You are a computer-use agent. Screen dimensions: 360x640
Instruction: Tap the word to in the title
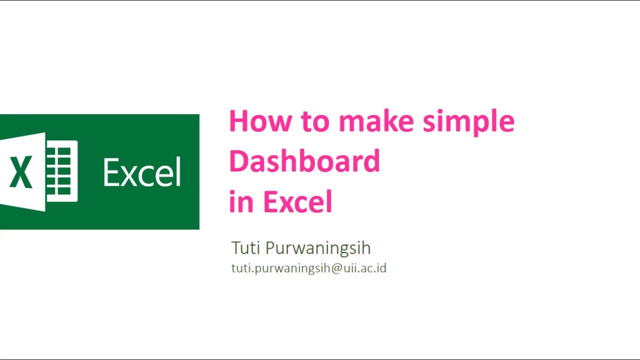(x=315, y=121)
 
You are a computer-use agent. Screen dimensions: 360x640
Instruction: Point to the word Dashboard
(x=304, y=161)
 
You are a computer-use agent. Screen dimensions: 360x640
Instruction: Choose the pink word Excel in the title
(x=297, y=201)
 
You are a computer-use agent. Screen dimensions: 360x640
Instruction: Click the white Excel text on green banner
(x=142, y=173)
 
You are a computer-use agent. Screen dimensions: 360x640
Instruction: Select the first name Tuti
(x=245, y=248)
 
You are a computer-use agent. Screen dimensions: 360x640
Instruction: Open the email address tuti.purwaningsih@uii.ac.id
(x=308, y=268)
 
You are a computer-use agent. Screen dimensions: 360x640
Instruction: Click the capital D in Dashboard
(x=238, y=161)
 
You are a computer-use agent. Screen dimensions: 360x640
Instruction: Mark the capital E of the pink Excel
(x=270, y=201)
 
